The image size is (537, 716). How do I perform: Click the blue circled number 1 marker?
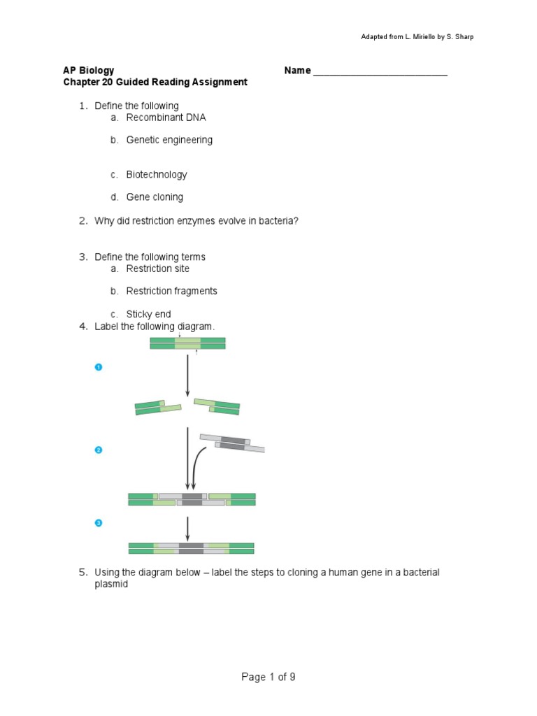pos(99,367)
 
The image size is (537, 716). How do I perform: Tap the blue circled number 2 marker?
pos(99,450)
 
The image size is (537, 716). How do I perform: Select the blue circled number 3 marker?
pos(99,523)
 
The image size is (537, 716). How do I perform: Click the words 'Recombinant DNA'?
pos(166,117)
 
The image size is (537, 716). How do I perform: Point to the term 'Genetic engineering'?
pos(169,140)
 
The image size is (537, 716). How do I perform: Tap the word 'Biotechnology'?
pos(157,175)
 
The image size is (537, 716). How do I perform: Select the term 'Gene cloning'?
pos(155,197)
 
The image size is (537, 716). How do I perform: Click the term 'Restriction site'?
pos(157,268)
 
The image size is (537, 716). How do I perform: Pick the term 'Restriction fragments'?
pos(171,291)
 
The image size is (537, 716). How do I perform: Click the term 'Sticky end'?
pos(148,314)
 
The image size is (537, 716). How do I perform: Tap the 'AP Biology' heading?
pos(89,71)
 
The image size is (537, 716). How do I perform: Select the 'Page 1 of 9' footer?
pos(268,677)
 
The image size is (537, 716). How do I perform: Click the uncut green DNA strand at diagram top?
pos(187,343)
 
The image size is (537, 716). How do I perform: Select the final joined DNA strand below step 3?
pos(191,549)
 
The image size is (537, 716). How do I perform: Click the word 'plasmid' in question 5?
pos(111,584)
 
